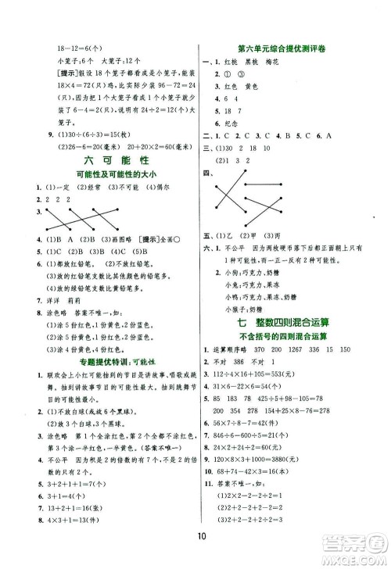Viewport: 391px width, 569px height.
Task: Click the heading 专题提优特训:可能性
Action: point(104,385)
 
